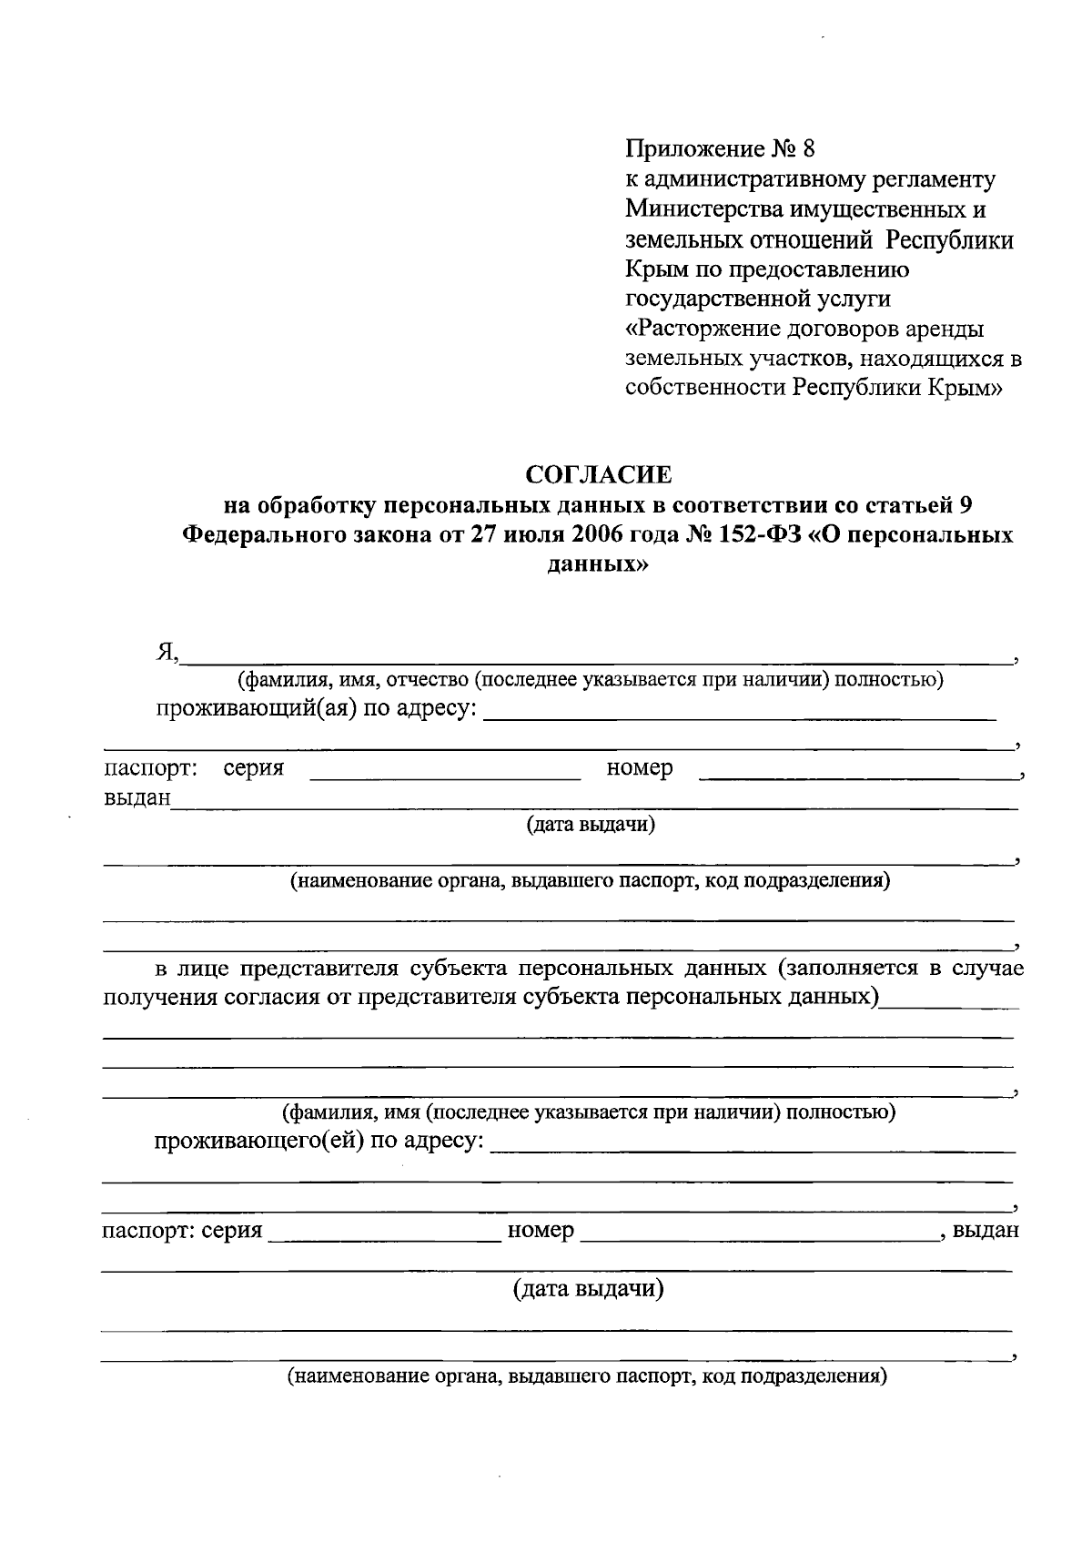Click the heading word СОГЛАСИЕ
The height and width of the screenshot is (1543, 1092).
599,475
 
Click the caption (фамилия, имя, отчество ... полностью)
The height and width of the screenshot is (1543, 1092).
590,679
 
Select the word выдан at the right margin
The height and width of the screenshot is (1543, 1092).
986,1231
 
